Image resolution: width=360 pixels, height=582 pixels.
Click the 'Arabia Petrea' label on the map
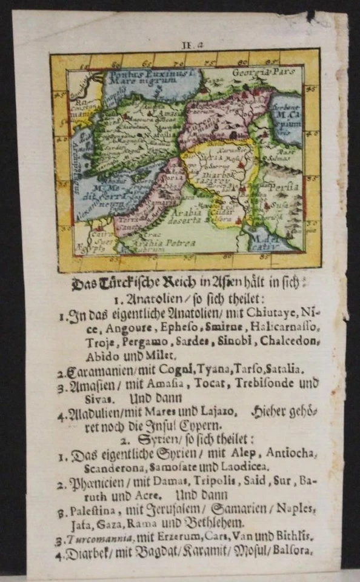coord(158,244)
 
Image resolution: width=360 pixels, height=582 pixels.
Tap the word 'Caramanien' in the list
coord(99,369)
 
